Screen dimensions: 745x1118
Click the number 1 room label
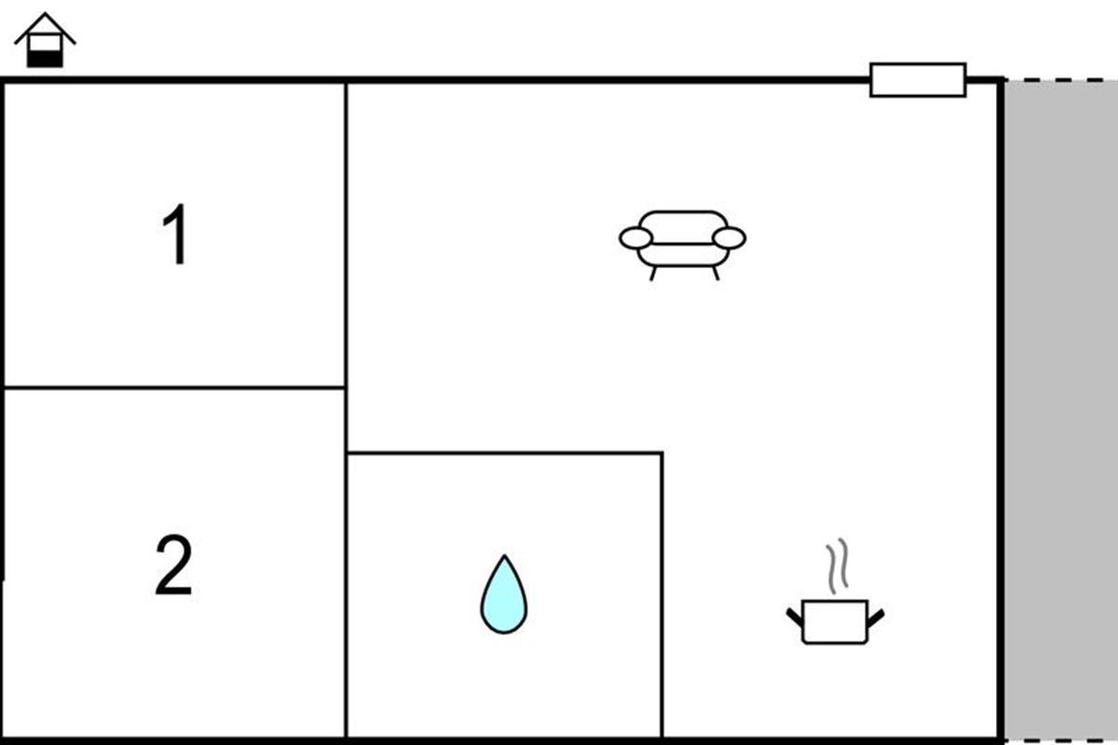[x=176, y=235]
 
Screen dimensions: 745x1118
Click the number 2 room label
[x=173, y=565]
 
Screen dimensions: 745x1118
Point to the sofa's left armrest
[x=635, y=238]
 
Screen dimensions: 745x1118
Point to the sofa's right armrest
[x=729, y=238]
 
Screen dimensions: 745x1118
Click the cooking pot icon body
[x=835, y=621]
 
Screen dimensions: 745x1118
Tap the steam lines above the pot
[x=839, y=562]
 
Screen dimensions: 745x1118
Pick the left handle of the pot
[x=795, y=615]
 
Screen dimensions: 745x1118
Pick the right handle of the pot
[x=875, y=615]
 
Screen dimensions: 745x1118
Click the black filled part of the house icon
[x=45, y=59]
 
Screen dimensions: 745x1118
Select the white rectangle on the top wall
[x=918, y=80]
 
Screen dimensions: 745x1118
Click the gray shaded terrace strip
[x=1060, y=410]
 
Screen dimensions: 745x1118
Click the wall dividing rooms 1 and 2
[x=174, y=387]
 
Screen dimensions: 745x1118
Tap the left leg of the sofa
[x=653, y=273]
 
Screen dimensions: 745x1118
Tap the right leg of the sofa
[x=715, y=273]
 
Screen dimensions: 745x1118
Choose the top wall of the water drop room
[x=504, y=454]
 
